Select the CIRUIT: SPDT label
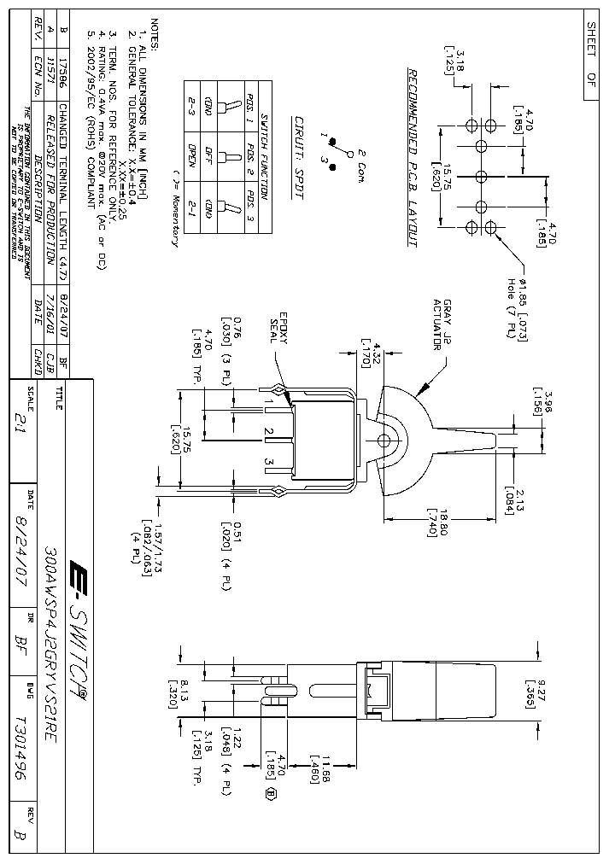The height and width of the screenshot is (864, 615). click(298, 158)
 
